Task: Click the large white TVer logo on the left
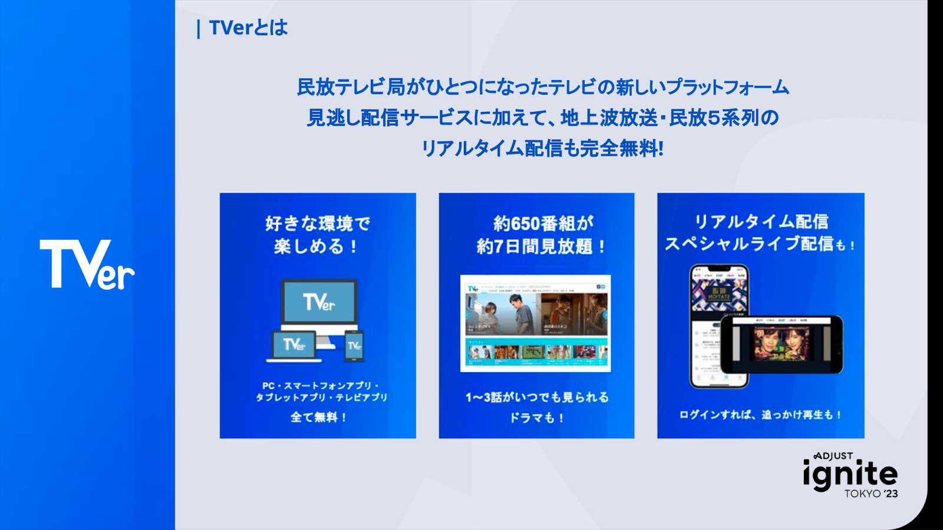click(x=87, y=264)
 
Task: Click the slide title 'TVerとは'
click(x=248, y=28)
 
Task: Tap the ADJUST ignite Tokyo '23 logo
click(x=850, y=475)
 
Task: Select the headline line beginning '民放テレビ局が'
click(x=542, y=87)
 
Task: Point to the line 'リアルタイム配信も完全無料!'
click(x=542, y=148)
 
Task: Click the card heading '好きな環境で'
click(x=317, y=223)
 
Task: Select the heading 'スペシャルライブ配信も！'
click(x=760, y=244)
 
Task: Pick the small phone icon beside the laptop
click(x=354, y=346)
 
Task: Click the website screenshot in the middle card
click(x=535, y=323)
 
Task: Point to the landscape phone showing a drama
click(x=782, y=344)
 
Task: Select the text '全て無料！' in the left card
click(x=318, y=417)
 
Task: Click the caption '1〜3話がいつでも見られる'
click(x=536, y=397)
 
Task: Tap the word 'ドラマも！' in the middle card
click(x=536, y=418)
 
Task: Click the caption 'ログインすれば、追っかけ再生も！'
click(x=760, y=415)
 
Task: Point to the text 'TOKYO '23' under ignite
click(x=871, y=493)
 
